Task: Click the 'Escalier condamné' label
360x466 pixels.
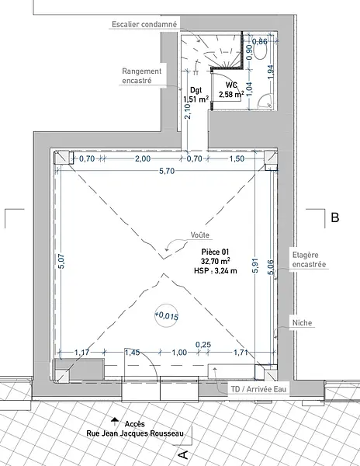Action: tap(144, 24)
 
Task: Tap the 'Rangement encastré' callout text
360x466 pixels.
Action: tap(141, 76)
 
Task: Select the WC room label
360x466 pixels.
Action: tap(231, 85)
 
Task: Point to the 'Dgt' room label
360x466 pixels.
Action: tap(196, 90)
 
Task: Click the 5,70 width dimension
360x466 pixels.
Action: tap(167, 171)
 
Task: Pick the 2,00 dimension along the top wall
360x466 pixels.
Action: tap(143, 158)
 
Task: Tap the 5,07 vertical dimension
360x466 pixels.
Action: tap(61, 261)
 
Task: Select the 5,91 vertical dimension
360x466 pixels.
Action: tap(255, 266)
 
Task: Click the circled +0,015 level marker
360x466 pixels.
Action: tap(167, 315)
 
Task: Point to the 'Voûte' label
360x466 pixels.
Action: tap(199, 235)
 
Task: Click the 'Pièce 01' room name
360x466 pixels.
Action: tap(215, 252)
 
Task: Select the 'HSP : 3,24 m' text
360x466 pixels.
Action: tap(216, 271)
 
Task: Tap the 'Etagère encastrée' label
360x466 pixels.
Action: tap(309, 259)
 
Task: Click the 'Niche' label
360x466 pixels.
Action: tap(302, 323)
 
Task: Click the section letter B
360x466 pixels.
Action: tap(334, 217)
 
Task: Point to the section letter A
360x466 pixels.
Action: tap(183, 454)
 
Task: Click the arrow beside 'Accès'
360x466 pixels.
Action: tap(115, 421)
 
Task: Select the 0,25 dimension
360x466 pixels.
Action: tap(203, 344)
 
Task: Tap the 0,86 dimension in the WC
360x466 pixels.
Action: tap(260, 41)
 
